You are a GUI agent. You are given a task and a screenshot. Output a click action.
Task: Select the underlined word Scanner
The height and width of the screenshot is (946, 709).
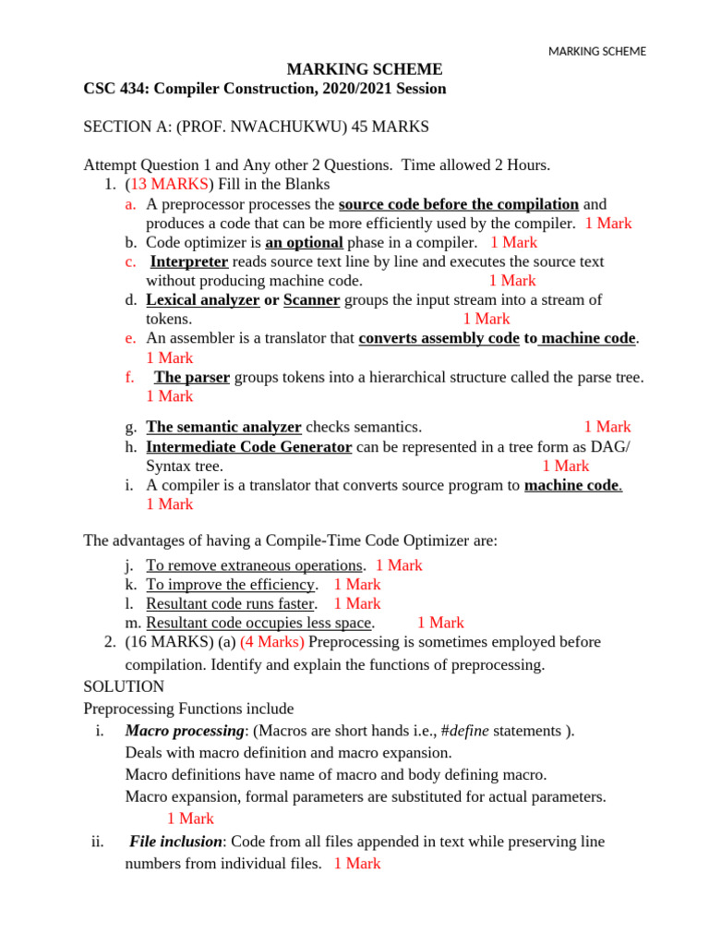(x=312, y=300)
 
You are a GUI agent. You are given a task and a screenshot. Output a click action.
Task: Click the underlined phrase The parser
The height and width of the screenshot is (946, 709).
(x=192, y=377)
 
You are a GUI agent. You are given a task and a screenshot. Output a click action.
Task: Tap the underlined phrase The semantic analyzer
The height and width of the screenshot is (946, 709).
(x=223, y=427)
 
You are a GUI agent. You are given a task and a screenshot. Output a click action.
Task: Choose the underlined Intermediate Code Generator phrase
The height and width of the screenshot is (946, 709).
(x=248, y=447)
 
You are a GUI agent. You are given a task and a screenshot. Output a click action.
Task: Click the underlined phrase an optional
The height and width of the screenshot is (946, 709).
(x=304, y=242)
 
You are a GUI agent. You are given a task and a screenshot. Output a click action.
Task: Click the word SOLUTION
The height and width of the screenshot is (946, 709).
(x=124, y=687)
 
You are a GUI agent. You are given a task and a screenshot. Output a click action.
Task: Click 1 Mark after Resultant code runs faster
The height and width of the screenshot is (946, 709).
(x=357, y=603)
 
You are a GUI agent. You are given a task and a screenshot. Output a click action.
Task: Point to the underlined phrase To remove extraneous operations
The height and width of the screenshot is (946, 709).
(x=255, y=565)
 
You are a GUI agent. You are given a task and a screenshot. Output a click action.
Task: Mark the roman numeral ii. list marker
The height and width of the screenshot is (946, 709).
(x=98, y=842)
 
